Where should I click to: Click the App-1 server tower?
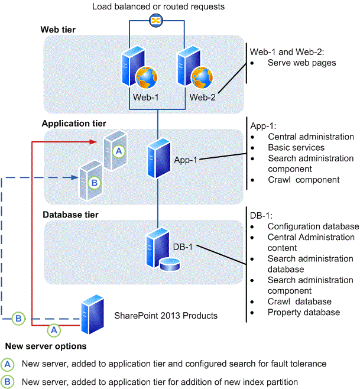tap(158, 157)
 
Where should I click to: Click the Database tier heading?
tap(70, 213)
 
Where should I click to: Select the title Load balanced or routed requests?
tap(158, 6)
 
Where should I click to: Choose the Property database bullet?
tap(303, 312)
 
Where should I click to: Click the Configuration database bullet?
tap(313, 226)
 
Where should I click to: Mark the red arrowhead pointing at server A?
tap(93, 142)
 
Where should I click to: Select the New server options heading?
tap(46, 345)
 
